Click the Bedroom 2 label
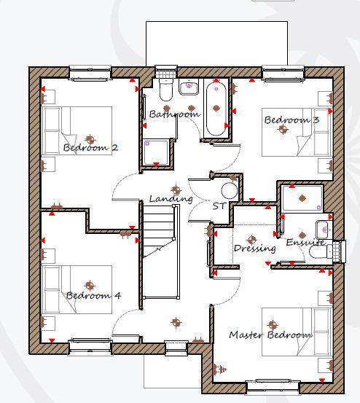click(x=90, y=148)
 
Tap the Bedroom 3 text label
click(x=291, y=120)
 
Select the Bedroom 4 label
click(x=93, y=296)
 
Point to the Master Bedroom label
click(x=270, y=335)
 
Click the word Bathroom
click(x=174, y=114)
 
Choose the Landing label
click(x=171, y=198)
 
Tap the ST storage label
click(x=219, y=206)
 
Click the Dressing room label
click(x=254, y=248)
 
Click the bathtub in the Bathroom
click(x=216, y=109)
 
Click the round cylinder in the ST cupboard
click(x=229, y=191)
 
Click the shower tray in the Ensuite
click(x=302, y=197)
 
